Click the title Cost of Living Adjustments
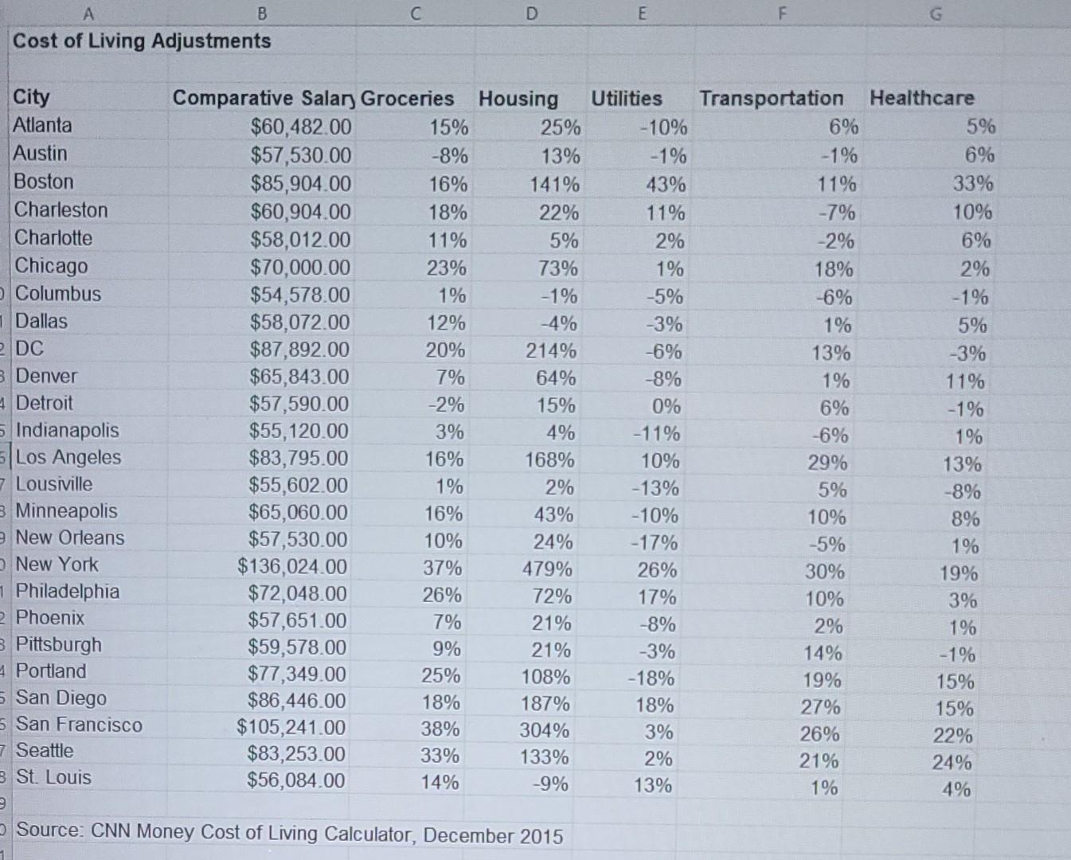click(x=142, y=41)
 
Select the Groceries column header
click(x=407, y=99)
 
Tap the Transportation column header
click(x=771, y=99)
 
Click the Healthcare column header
click(x=921, y=99)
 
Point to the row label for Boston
click(x=44, y=182)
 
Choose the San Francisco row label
click(x=79, y=725)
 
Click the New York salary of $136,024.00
click(x=291, y=567)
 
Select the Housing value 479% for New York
click(x=548, y=569)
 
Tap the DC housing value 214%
click(x=551, y=351)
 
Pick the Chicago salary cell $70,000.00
click(x=300, y=268)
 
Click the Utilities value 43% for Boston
click(x=666, y=185)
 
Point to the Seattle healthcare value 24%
click(x=952, y=763)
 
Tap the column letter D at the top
click(x=532, y=13)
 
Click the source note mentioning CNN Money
click(x=289, y=833)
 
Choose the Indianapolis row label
click(x=67, y=431)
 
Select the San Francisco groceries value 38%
click(x=440, y=729)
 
